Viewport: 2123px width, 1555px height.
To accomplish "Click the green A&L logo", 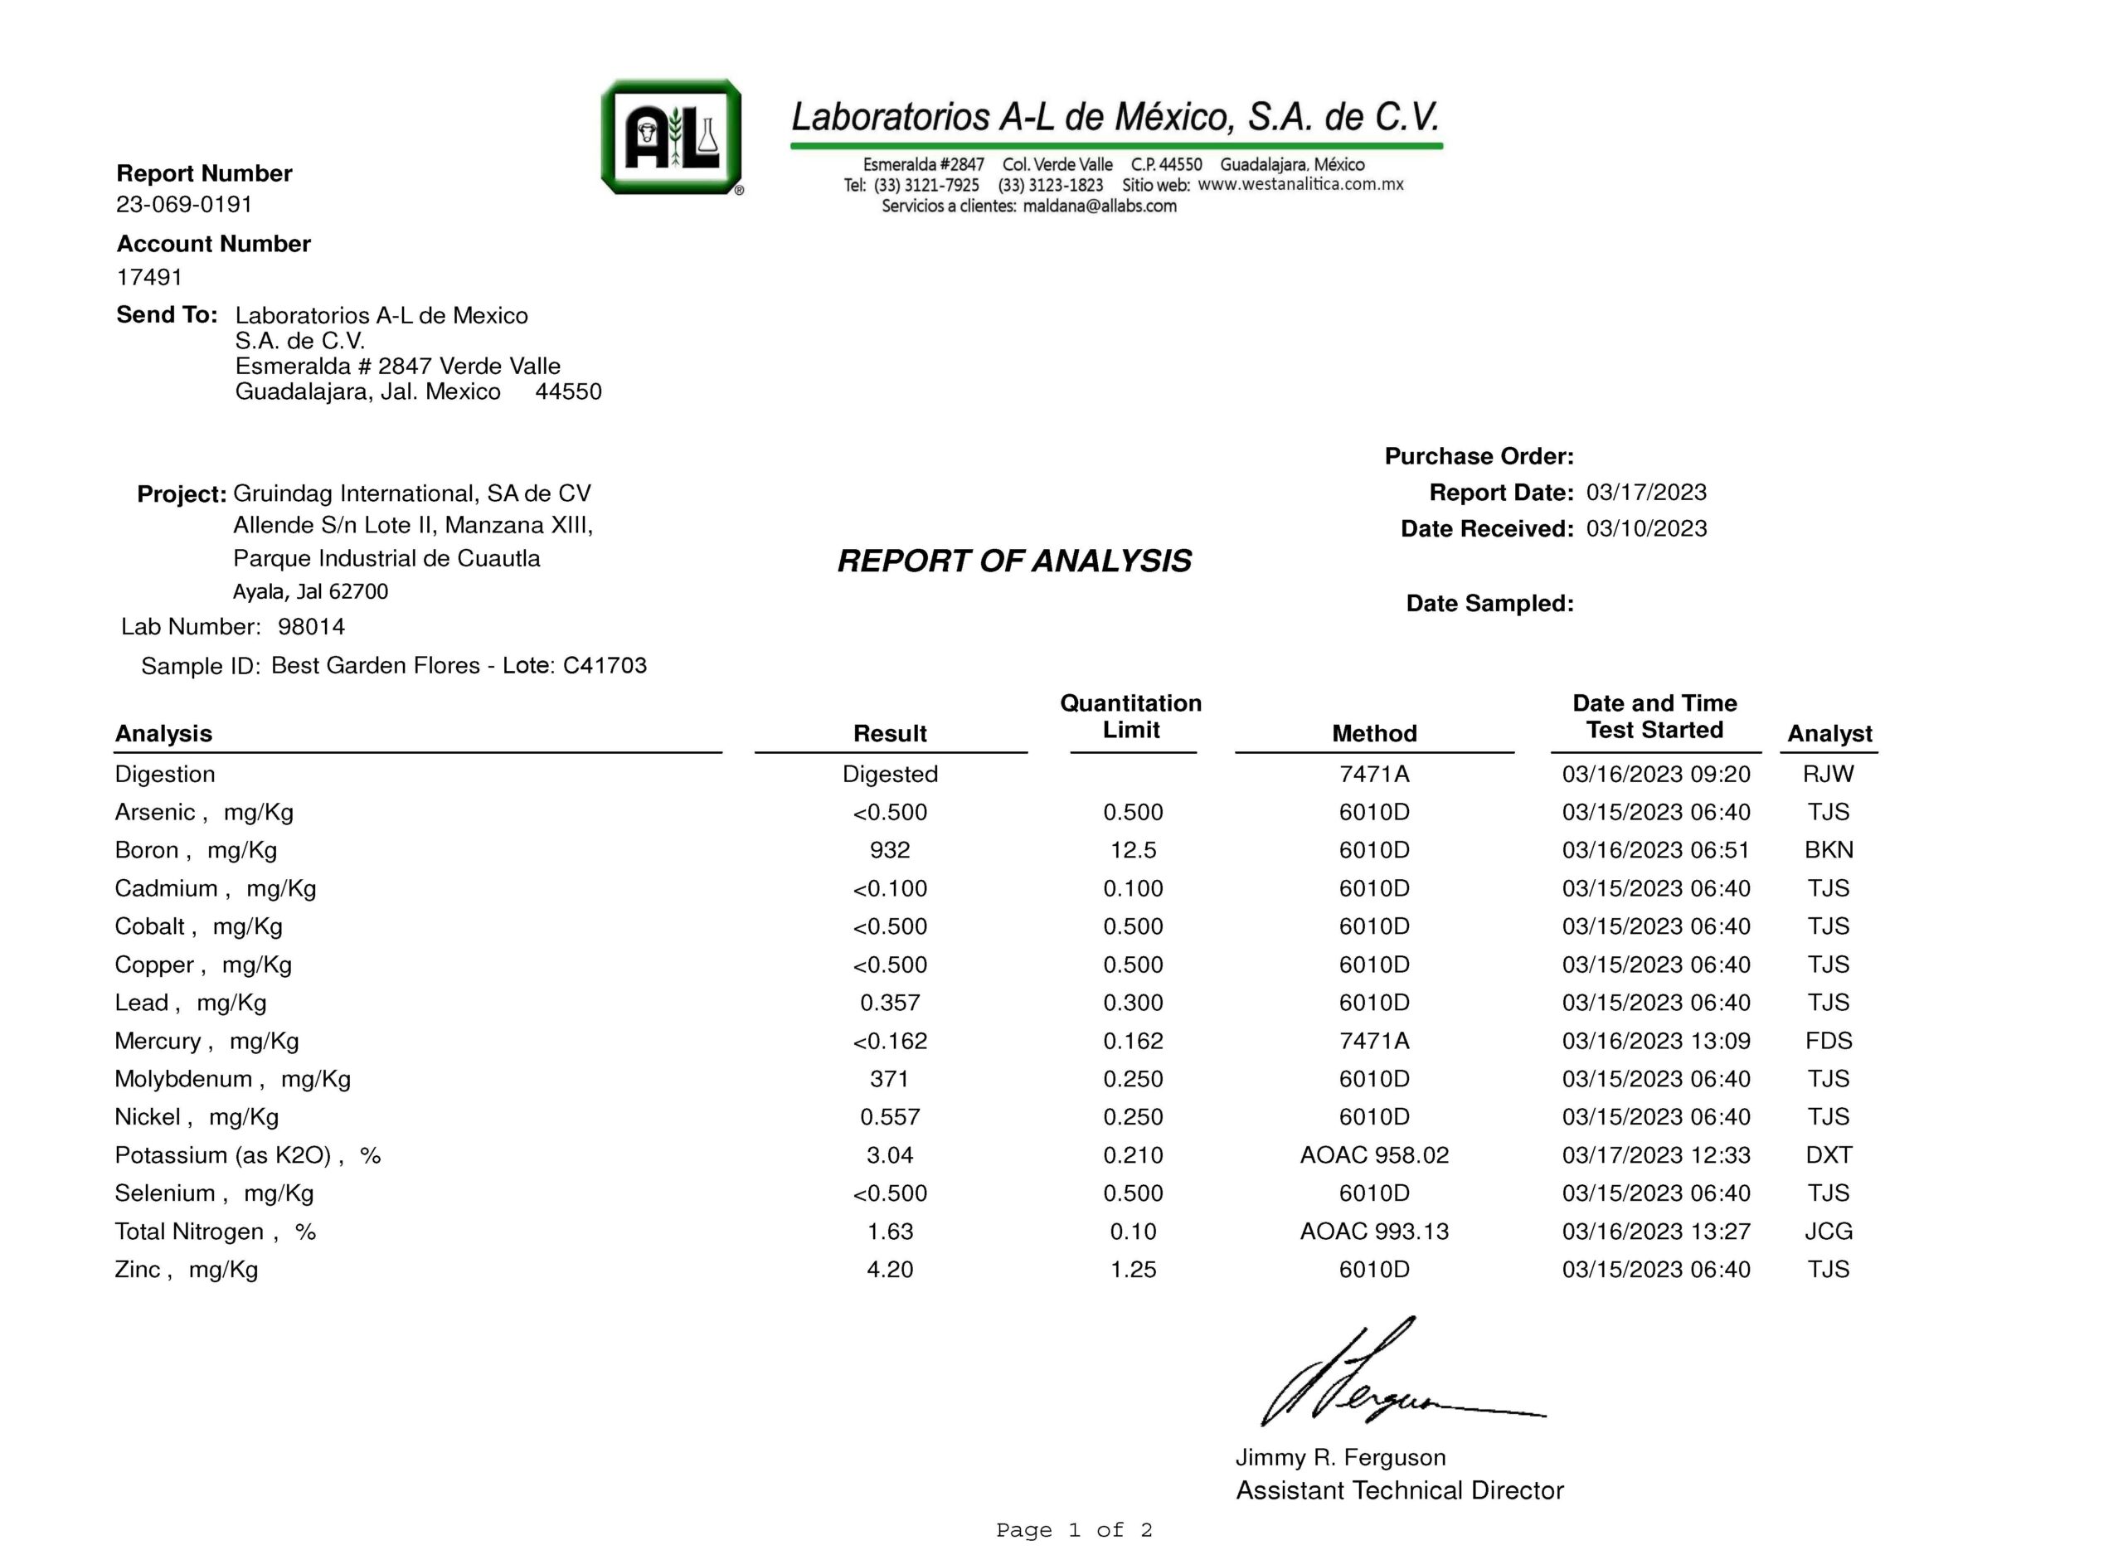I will point(671,138).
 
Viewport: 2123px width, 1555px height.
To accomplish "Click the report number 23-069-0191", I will point(184,204).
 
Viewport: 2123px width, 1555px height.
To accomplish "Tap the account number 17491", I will point(149,277).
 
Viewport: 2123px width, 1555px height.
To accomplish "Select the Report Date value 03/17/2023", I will point(1646,493).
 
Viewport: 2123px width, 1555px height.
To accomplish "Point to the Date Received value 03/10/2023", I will point(1646,529).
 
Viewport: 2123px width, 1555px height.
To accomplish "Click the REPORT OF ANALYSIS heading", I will point(1013,561).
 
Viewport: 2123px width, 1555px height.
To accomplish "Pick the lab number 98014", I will point(312,627).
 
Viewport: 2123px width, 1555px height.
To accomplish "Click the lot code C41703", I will point(605,665).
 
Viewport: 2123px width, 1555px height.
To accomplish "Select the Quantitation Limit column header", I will point(1130,717).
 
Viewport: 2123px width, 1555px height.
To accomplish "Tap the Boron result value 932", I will point(889,850).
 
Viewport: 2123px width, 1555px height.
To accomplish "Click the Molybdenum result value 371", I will point(889,1079).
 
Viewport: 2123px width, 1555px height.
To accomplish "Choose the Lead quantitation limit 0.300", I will point(1133,1003).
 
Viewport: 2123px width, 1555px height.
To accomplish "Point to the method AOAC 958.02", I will point(1374,1155).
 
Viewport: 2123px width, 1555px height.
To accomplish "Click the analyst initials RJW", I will point(1828,774).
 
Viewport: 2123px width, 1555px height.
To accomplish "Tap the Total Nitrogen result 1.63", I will point(889,1232).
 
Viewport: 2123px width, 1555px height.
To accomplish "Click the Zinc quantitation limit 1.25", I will point(1133,1269).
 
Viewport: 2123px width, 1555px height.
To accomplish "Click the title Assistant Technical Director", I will point(1399,1490).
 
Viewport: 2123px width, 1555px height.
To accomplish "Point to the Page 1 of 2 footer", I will point(1074,1530).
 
